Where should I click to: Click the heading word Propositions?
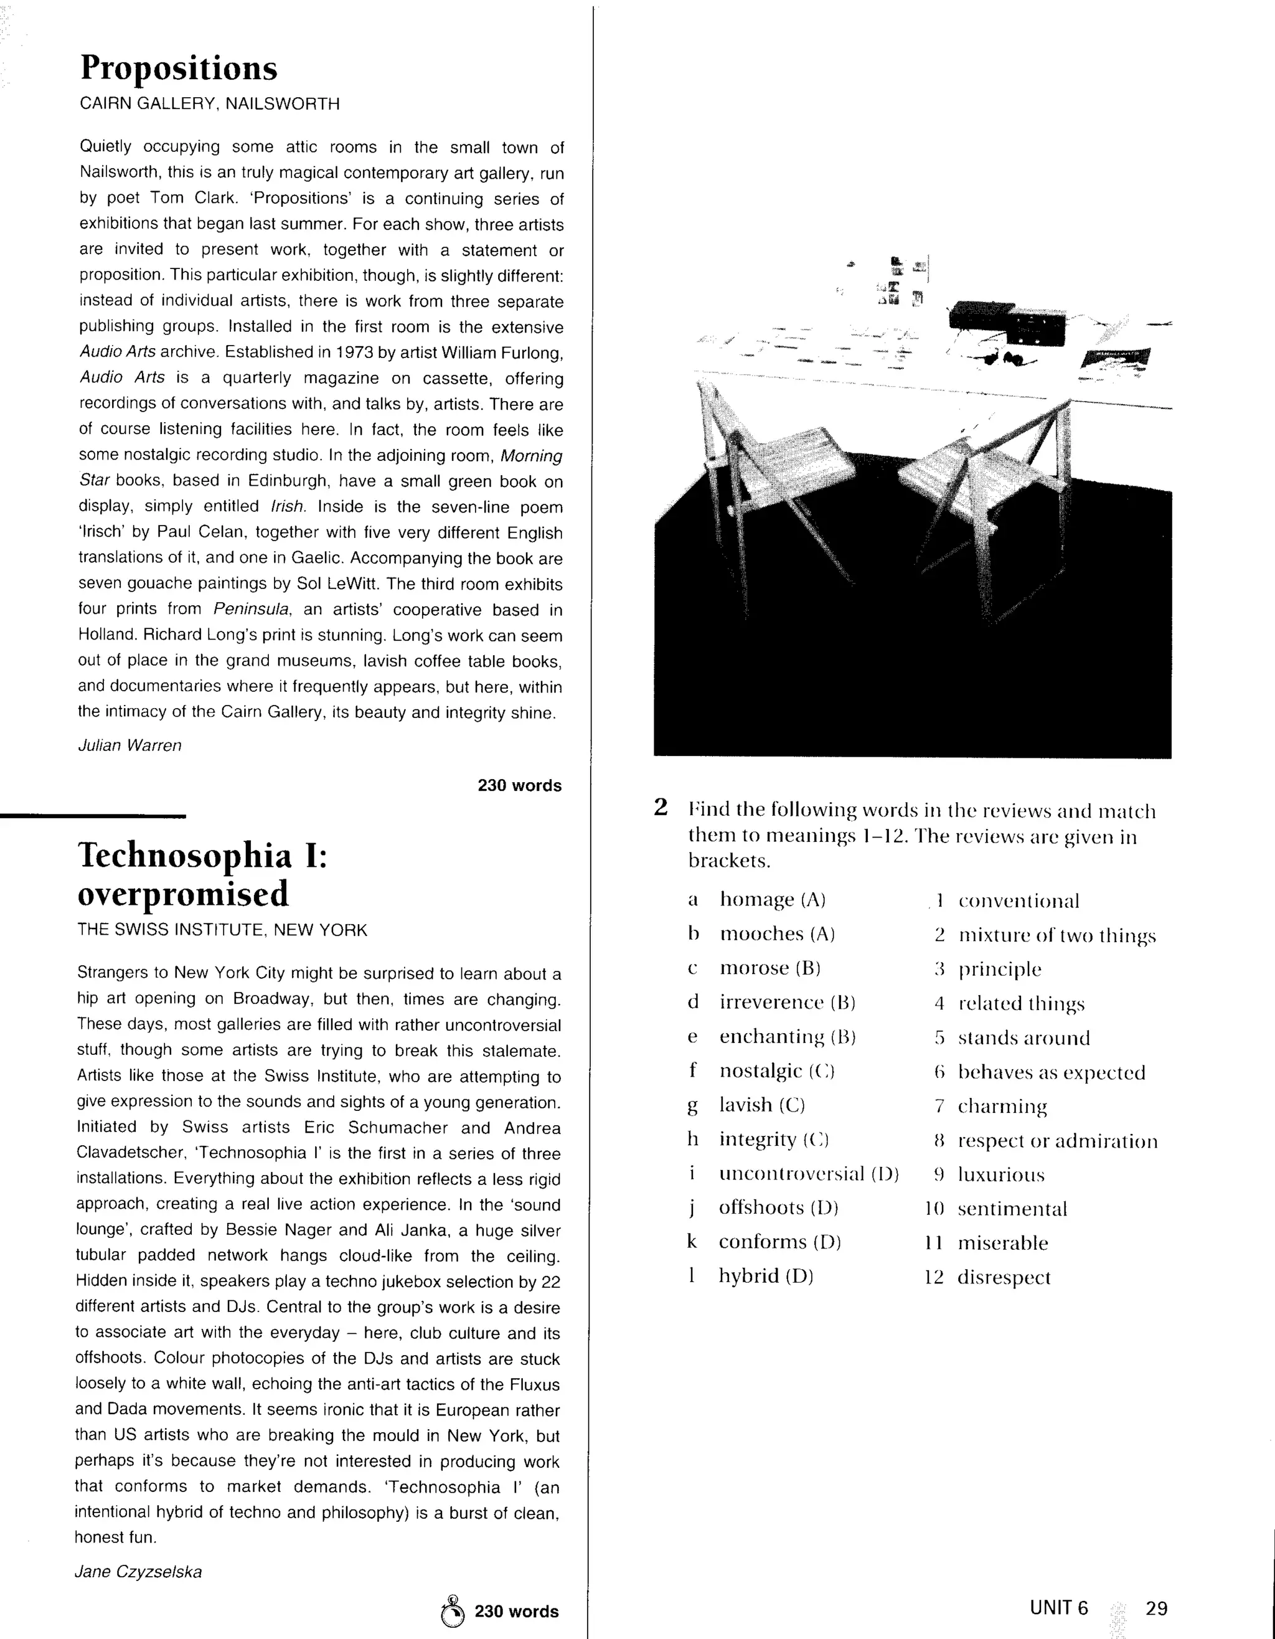pyautogui.click(x=179, y=69)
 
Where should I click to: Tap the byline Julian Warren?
pyautogui.click(x=130, y=745)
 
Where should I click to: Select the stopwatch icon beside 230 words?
pyautogui.click(x=453, y=1610)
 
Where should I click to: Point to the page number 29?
pyautogui.click(x=1157, y=1608)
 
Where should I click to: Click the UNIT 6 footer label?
pyautogui.click(x=1058, y=1608)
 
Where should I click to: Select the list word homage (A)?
pyautogui.click(x=772, y=899)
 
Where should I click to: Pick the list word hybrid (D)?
pyautogui.click(x=766, y=1276)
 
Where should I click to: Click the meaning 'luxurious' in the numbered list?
pyautogui.click(x=1001, y=1174)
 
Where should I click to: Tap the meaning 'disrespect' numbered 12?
pyautogui.click(x=1004, y=1277)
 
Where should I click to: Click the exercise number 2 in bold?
pyautogui.click(x=661, y=808)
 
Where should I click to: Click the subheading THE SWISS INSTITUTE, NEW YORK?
pyautogui.click(x=222, y=930)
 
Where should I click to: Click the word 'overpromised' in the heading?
pyautogui.click(x=183, y=894)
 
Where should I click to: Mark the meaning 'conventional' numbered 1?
pyautogui.click(x=1019, y=900)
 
